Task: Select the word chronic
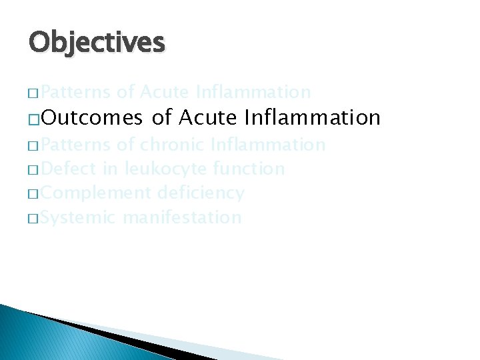coord(172,145)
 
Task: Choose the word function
coord(249,169)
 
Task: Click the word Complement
coord(96,193)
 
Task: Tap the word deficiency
coord(201,193)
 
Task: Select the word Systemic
coord(79,217)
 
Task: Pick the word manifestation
coord(181,217)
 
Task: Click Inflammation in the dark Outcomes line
coord(312,118)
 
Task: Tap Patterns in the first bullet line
coord(75,91)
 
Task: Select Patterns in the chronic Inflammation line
coord(75,145)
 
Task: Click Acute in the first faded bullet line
coord(165,91)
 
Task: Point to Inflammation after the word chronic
coord(267,145)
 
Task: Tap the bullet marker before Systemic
coord(33,219)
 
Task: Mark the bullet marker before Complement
coord(33,195)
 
